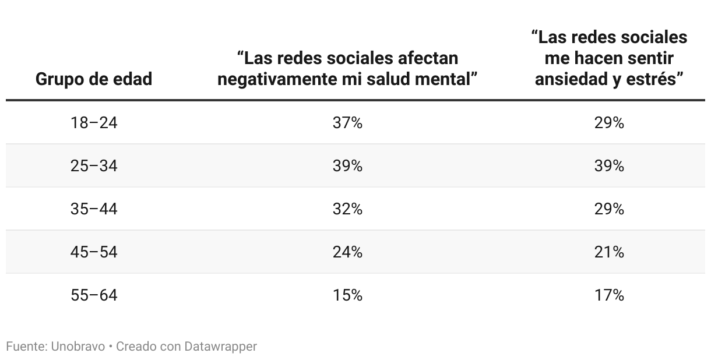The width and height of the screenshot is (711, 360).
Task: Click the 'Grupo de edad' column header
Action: [x=94, y=79]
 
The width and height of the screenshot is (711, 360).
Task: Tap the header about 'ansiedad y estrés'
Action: [x=609, y=58]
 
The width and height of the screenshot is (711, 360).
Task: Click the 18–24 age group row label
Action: [x=94, y=123]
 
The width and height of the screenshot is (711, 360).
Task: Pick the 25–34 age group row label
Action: [x=94, y=166]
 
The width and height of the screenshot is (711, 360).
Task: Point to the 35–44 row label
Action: [x=94, y=209]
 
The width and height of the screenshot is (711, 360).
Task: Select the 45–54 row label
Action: [x=94, y=252]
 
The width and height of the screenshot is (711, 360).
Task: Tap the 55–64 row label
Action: [x=94, y=295]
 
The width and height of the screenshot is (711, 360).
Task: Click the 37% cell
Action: [x=348, y=123]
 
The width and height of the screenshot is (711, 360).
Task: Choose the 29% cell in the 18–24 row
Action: [x=610, y=123]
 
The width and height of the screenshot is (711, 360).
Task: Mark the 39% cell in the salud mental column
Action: [x=348, y=166]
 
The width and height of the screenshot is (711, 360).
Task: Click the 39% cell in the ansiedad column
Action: [x=610, y=166]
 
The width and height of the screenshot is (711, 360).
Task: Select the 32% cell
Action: [x=348, y=209]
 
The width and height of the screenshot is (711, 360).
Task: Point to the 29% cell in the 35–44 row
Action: [x=610, y=209]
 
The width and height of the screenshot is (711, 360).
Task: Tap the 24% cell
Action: [x=348, y=252]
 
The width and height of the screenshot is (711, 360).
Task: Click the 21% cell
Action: [x=610, y=252]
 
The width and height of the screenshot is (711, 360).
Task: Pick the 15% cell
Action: [x=348, y=295]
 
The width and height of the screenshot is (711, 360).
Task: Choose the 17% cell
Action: [x=610, y=295]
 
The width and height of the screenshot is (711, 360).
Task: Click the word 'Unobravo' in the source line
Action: [x=78, y=347]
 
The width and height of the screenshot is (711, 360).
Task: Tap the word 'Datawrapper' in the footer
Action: [x=220, y=347]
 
